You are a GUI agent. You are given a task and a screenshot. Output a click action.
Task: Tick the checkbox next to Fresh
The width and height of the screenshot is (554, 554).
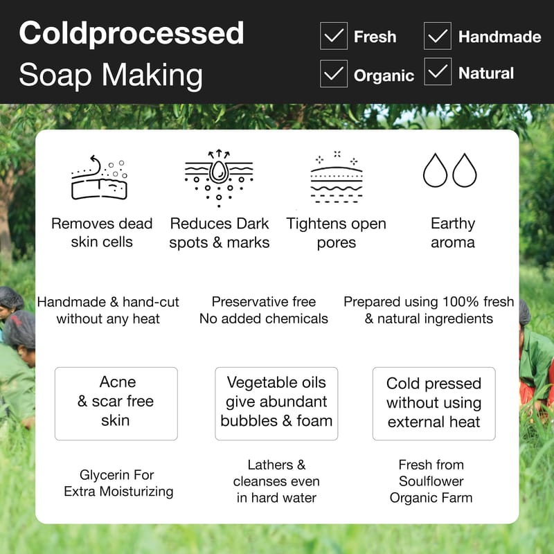coord(334,36)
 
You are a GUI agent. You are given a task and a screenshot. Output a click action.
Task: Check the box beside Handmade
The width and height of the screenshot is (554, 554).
coord(438,36)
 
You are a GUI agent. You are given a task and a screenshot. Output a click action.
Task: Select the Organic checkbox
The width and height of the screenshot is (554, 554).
coord(334,73)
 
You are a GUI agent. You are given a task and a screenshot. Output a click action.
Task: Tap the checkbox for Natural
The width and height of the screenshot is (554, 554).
coord(438,71)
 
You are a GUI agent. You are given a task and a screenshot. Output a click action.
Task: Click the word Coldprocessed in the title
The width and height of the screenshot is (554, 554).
coord(132,33)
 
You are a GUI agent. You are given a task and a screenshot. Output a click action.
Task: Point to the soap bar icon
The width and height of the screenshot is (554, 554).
coord(99,178)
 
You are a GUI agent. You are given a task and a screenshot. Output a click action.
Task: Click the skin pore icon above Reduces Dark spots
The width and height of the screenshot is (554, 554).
coord(219,178)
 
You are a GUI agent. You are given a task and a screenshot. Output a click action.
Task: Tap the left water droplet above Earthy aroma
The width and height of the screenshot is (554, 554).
coord(436,170)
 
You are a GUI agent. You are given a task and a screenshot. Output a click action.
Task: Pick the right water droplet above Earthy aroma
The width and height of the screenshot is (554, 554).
coord(464,170)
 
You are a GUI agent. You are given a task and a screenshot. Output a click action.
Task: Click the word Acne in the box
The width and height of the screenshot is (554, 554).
coord(118,382)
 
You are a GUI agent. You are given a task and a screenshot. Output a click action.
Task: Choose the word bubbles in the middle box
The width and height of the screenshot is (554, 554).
coord(249,421)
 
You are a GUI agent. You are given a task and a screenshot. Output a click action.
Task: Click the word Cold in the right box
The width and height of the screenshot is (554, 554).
coord(403,384)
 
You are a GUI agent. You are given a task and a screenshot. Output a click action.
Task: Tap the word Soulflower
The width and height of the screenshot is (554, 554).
coord(431,481)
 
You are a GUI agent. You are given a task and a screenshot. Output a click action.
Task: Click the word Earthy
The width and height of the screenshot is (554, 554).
coord(453,224)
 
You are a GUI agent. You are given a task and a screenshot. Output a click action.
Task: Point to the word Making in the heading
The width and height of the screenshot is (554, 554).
coord(152,75)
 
